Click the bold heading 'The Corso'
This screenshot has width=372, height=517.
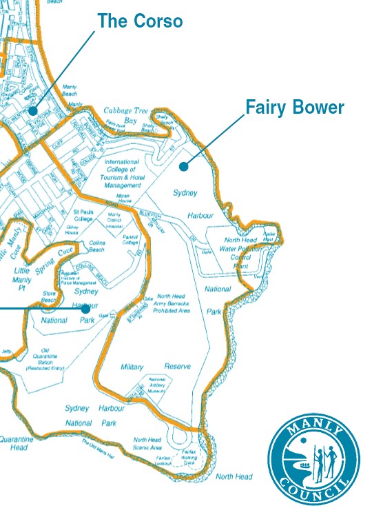coord(140,21)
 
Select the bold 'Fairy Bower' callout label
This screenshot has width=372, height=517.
coord(295,108)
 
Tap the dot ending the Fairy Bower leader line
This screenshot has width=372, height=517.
coord(184,165)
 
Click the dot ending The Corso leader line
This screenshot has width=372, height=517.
coord(32,110)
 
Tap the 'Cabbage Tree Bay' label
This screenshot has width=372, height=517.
coord(127,114)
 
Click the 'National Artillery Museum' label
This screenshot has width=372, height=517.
coord(157,385)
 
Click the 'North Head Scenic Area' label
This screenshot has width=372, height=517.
coord(147,443)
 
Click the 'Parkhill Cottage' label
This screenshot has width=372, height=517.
coord(131,239)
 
